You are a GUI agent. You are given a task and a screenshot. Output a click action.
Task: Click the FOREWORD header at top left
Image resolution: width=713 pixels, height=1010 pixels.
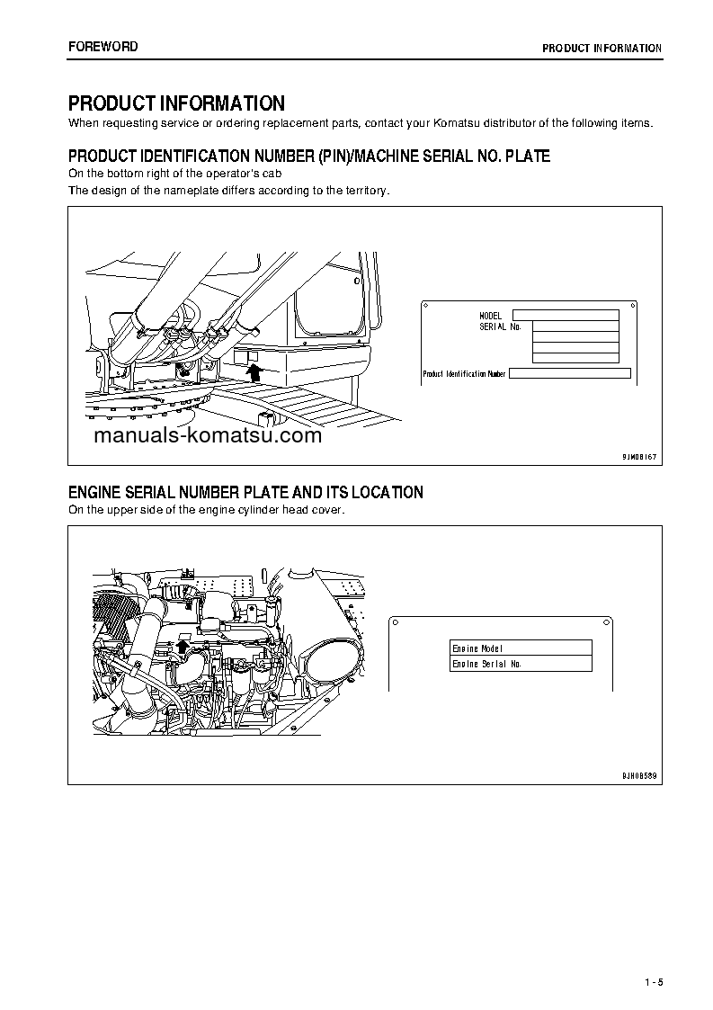pyautogui.click(x=103, y=47)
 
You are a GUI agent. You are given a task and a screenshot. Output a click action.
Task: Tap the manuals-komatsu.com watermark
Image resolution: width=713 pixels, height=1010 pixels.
pyautogui.click(x=206, y=436)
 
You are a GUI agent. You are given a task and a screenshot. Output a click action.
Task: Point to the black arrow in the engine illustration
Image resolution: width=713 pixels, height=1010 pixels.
pyautogui.click(x=184, y=645)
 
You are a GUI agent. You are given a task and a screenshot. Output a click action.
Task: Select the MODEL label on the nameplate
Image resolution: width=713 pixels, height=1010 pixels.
pyautogui.click(x=491, y=316)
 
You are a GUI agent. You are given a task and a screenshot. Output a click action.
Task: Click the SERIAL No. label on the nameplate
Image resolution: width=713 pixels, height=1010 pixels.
pyautogui.click(x=500, y=326)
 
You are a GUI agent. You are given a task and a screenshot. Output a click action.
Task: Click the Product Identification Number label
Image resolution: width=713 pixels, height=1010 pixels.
pyautogui.click(x=464, y=373)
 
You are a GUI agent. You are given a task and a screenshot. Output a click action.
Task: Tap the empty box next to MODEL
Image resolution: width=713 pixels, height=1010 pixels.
pyautogui.click(x=566, y=315)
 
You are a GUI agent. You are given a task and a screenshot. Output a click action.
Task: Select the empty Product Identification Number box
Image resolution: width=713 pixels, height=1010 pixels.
pyautogui.click(x=570, y=373)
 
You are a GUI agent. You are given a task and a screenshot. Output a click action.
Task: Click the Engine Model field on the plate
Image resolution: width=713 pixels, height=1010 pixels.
pyautogui.click(x=521, y=648)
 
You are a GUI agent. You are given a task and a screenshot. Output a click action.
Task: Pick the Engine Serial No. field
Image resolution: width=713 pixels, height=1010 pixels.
pyautogui.click(x=521, y=664)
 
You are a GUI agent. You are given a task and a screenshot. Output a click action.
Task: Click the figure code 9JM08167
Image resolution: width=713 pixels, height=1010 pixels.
pyautogui.click(x=639, y=457)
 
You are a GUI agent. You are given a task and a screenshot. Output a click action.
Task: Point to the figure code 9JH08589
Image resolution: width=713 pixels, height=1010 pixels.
pyautogui.click(x=639, y=774)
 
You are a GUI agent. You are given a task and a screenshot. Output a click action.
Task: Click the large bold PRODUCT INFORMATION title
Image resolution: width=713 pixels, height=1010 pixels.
pyautogui.click(x=176, y=103)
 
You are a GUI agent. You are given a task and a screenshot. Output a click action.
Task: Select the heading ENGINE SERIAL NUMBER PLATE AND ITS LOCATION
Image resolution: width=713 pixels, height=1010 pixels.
pyautogui.click(x=245, y=492)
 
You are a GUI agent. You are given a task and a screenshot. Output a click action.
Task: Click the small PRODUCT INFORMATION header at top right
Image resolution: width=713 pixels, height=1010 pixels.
pyautogui.click(x=602, y=49)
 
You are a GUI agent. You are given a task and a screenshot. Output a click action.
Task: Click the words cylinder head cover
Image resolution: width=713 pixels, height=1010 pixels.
pyautogui.click(x=301, y=510)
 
